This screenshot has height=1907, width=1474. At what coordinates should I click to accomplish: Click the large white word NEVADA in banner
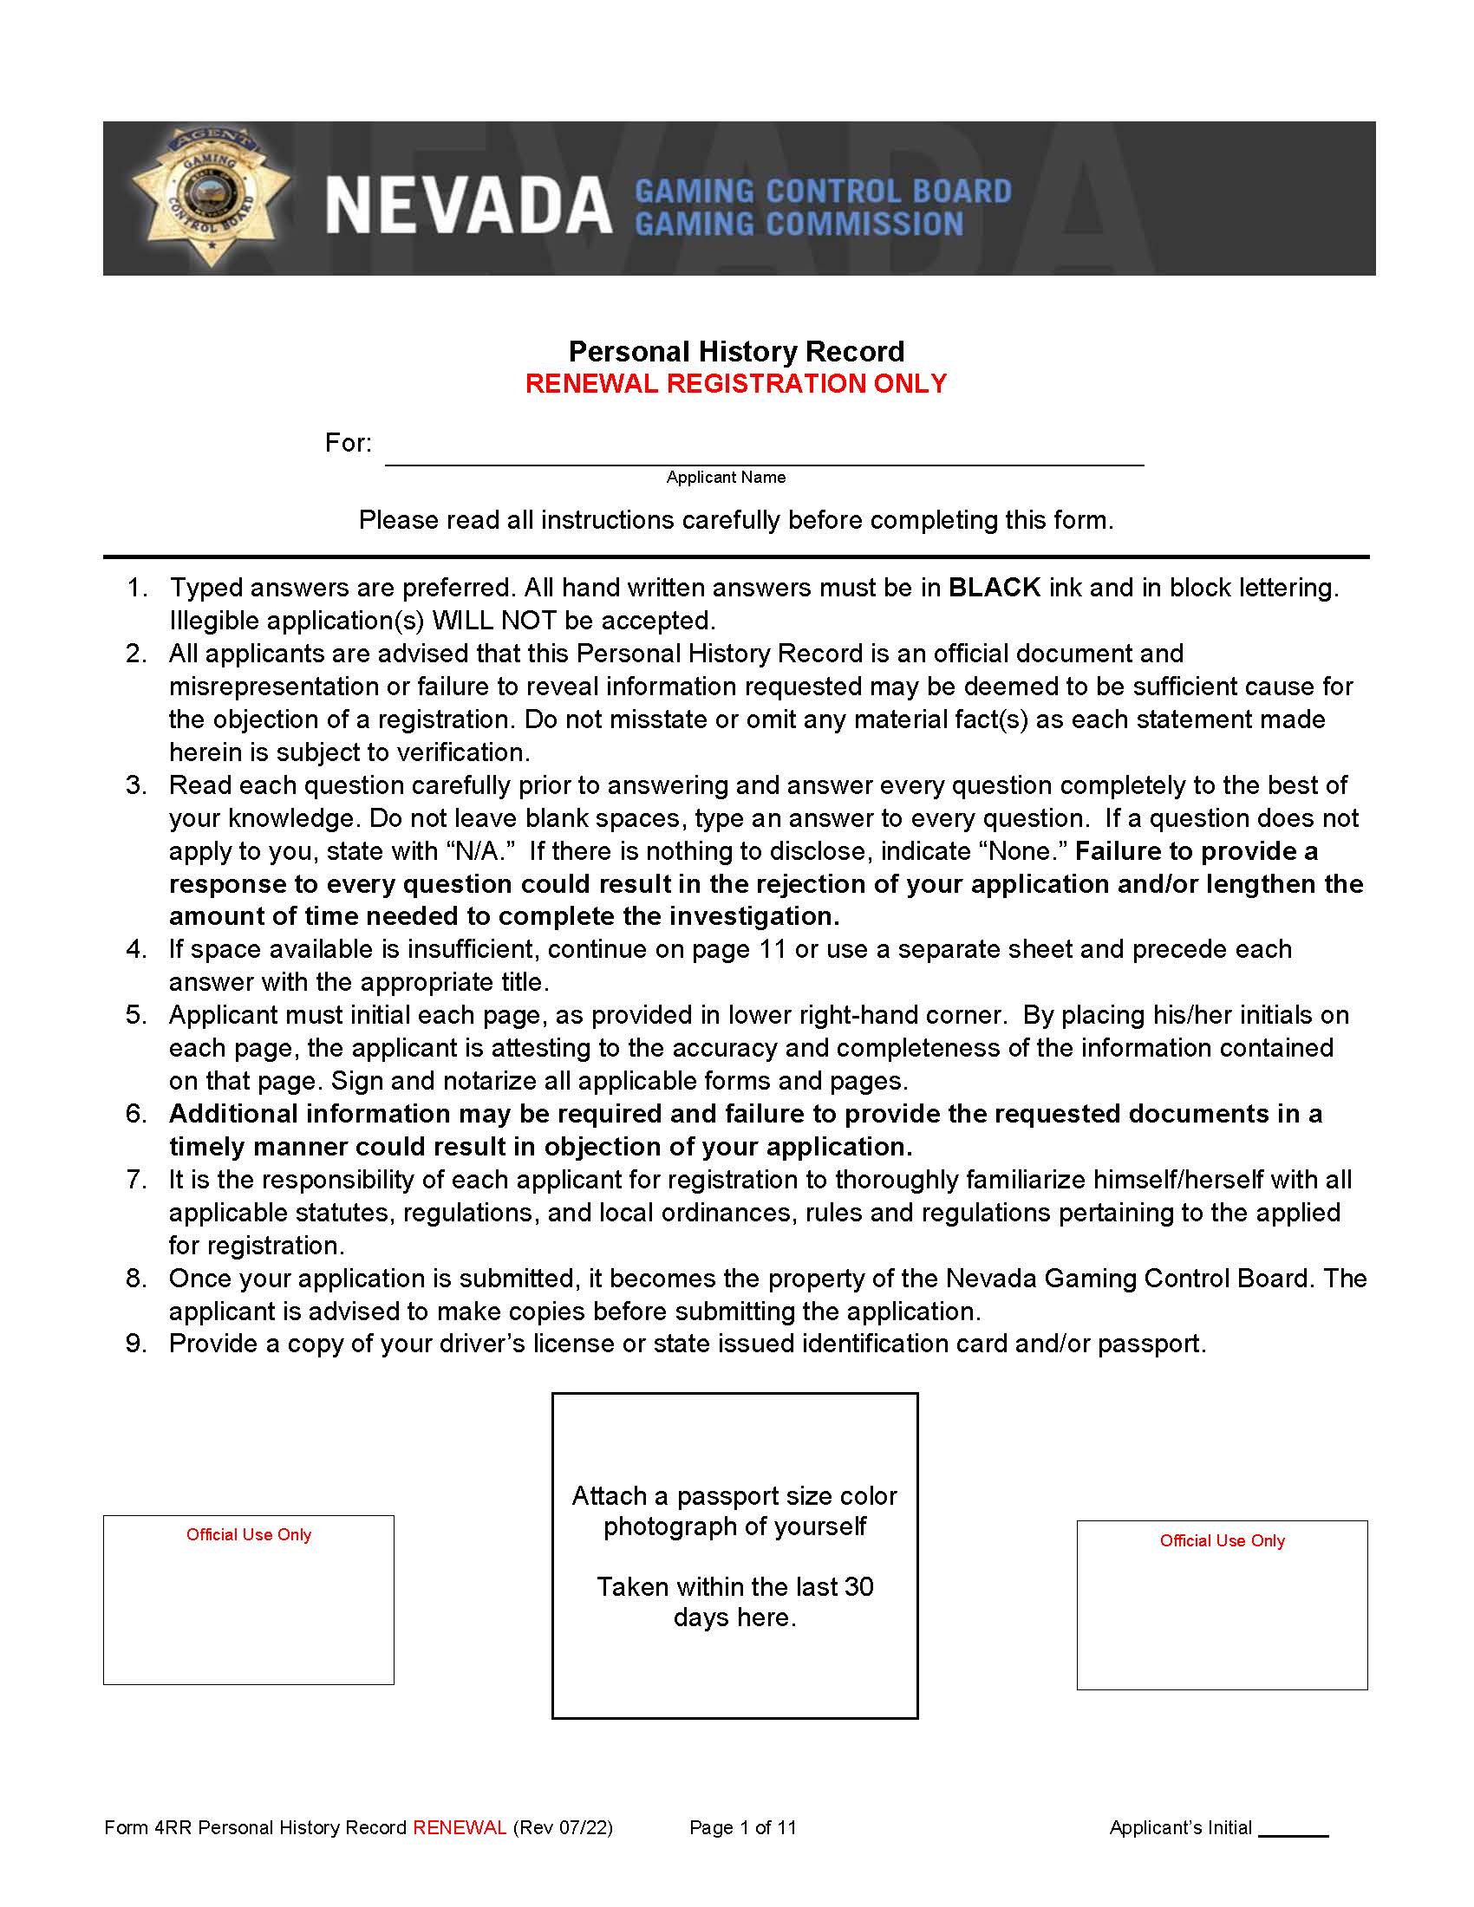[468, 207]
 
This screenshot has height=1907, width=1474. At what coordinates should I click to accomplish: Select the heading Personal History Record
[736, 351]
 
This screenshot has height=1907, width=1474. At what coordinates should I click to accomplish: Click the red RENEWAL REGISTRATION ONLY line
[736, 383]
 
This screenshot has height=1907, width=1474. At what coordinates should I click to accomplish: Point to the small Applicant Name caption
[726, 477]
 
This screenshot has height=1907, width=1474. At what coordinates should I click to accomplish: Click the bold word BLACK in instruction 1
[994, 588]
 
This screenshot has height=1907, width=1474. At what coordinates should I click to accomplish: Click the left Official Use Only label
[248, 1534]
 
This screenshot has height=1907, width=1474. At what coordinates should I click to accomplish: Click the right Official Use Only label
[1222, 1540]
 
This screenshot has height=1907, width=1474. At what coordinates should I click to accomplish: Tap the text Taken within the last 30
[734, 1586]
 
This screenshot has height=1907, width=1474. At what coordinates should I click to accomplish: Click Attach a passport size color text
[734, 1496]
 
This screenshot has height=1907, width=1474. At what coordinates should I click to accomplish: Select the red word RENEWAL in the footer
[460, 1827]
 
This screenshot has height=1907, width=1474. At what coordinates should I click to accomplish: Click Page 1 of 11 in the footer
[742, 1827]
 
